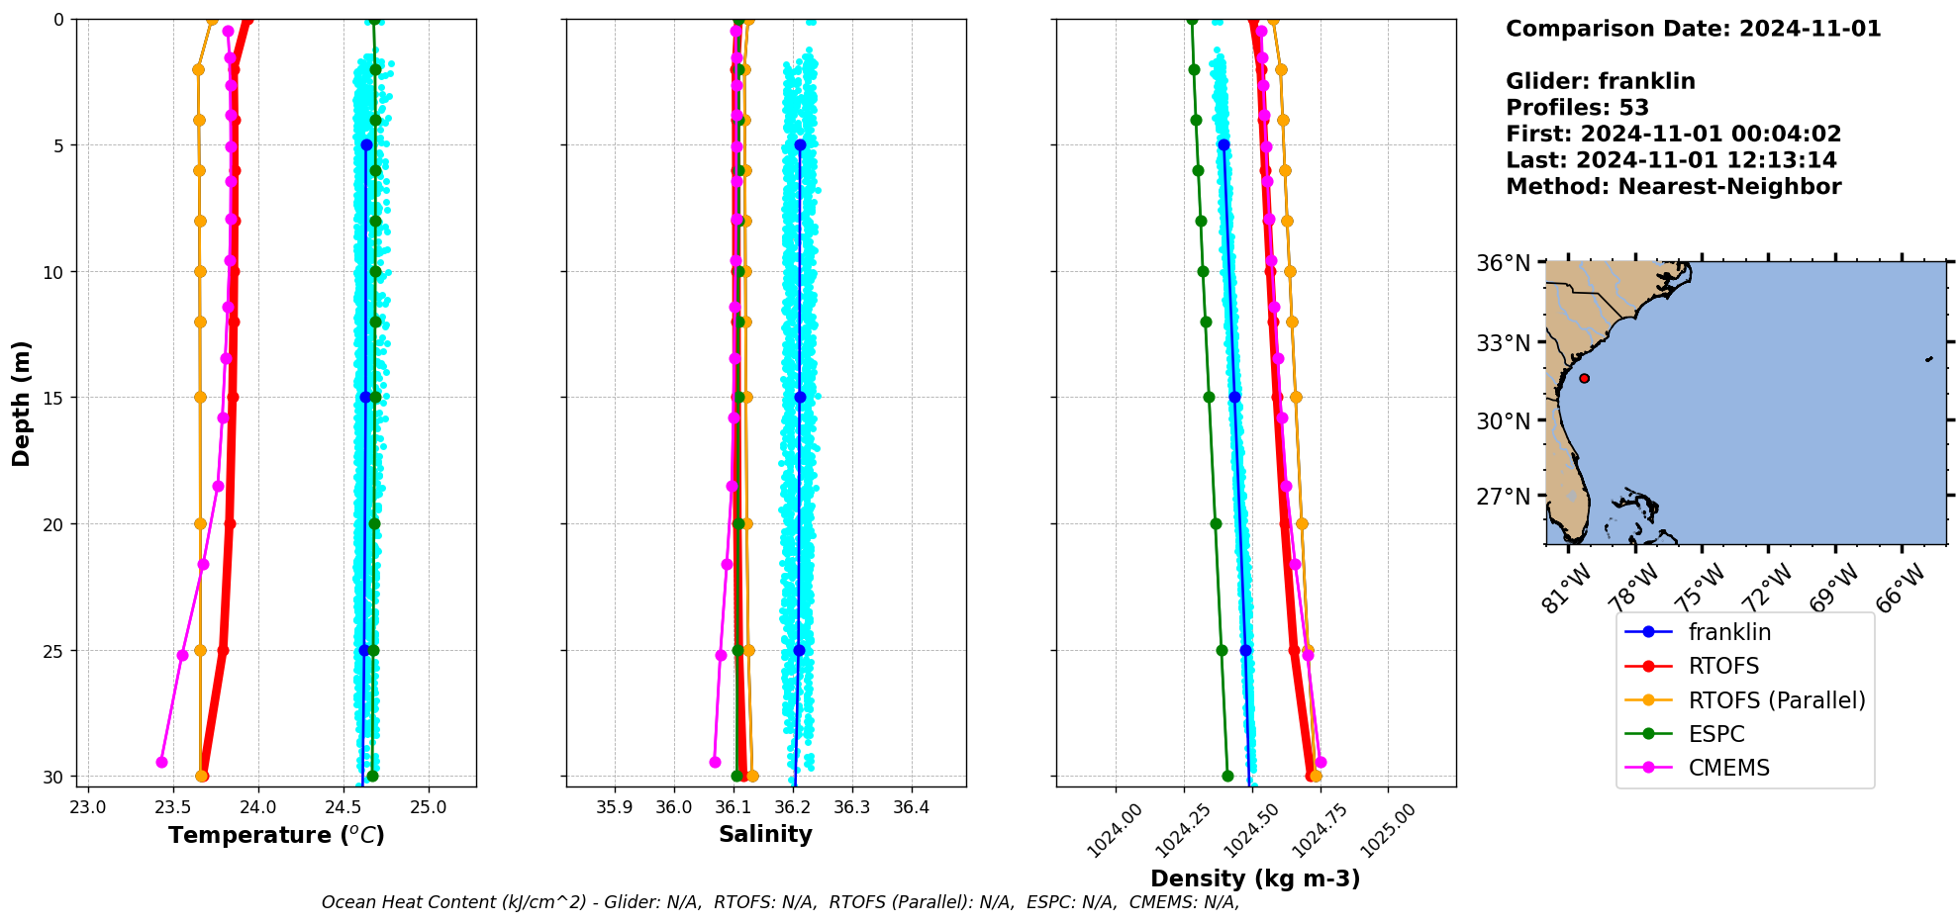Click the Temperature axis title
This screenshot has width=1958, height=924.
click(x=276, y=835)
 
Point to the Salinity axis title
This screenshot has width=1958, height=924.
click(x=765, y=834)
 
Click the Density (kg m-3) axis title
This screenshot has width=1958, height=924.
click(x=1255, y=878)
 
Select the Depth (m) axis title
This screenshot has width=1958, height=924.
click(x=21, y=404)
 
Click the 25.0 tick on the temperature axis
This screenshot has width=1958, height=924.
click(x=429, y=807)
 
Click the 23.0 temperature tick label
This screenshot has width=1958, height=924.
click(x=88, y=807)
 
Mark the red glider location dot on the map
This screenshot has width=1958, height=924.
click(x=1584, y=378)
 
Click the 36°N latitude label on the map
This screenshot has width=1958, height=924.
click(x=1503, y=263)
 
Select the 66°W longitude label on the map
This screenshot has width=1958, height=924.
click(x=1900, y=588)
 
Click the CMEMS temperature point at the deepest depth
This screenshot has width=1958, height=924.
click(x=161, y=762)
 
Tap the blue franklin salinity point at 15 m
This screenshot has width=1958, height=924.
click(x=800, y=397)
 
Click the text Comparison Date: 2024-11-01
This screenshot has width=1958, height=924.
click(x=1693, y=29)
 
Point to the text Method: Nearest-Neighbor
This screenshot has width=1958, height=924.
click(x=1673, y=187)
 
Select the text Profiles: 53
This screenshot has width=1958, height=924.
click(x=1577, y=108)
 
